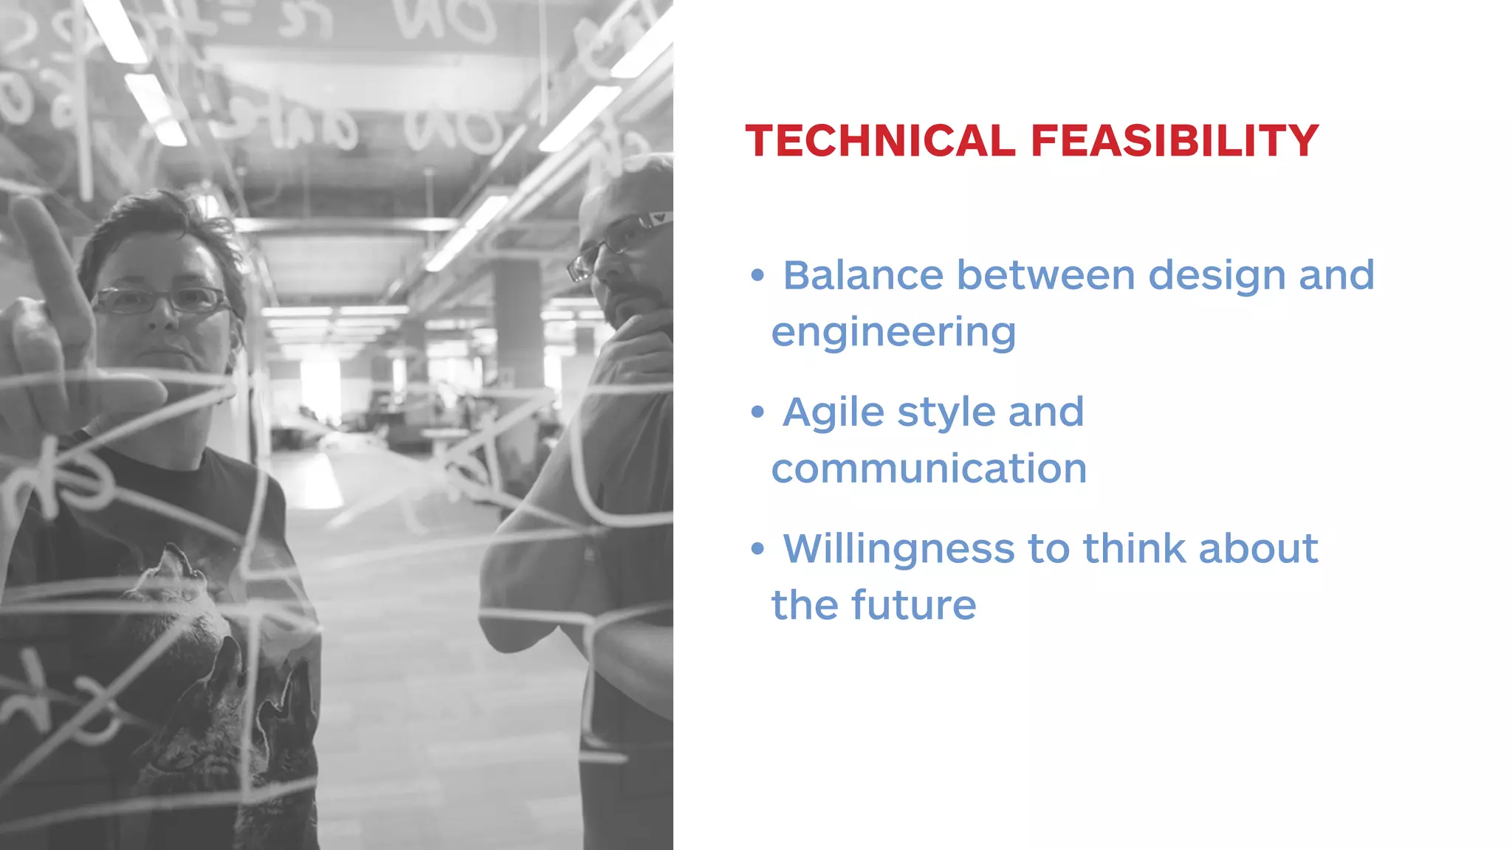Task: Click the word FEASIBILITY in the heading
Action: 1174,140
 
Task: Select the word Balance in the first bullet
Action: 862,275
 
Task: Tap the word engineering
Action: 893,333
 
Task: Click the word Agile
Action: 833,412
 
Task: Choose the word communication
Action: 929,469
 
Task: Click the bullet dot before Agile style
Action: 757,412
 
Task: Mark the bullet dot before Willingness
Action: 757,548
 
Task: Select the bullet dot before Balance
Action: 757,275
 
